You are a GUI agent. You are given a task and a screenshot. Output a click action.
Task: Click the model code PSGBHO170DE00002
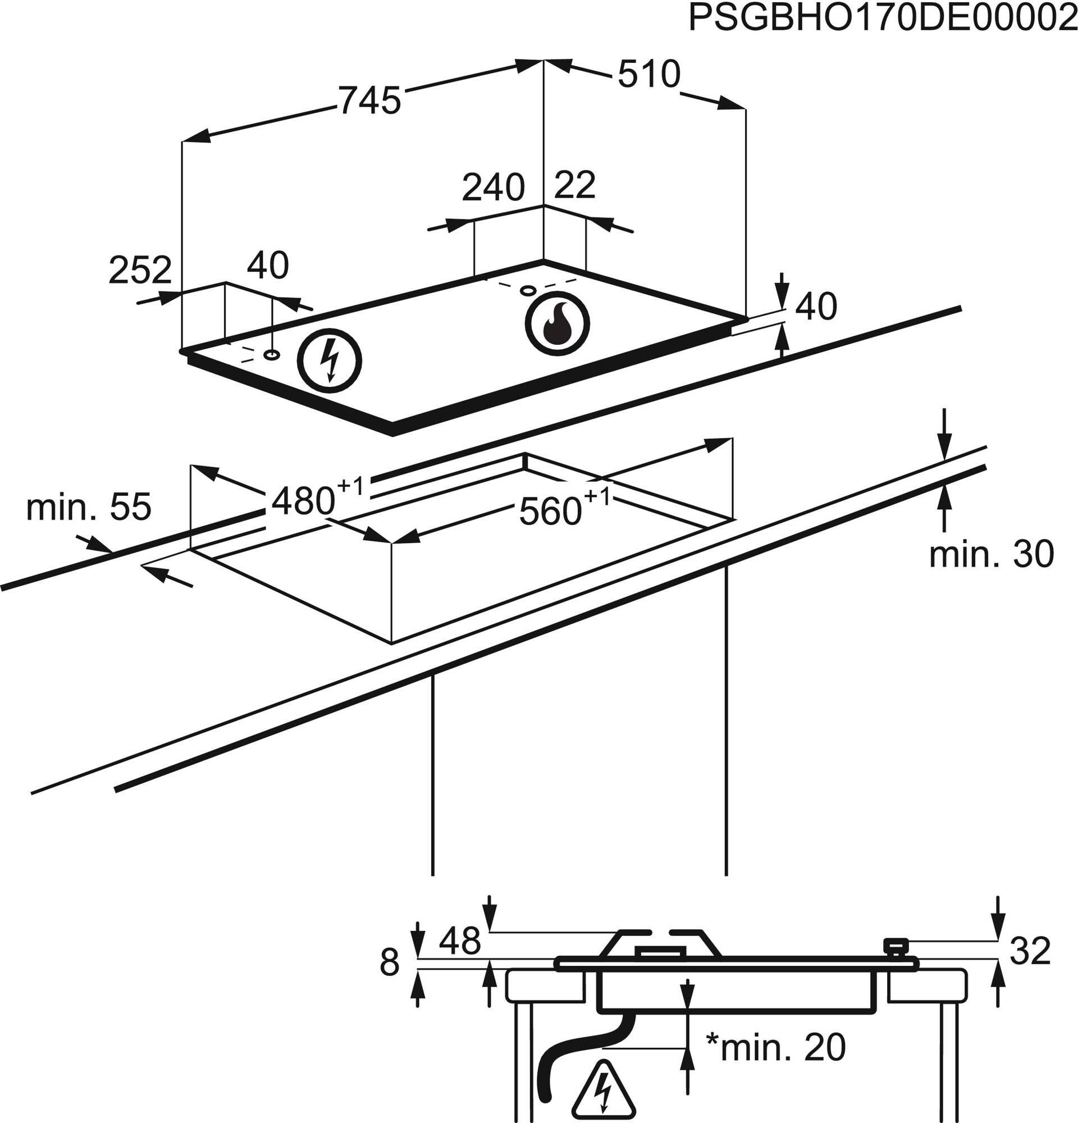[882, 19]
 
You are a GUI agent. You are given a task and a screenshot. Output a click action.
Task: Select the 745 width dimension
[369, 101]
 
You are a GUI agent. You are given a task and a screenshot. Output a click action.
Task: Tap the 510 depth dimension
[649, 74]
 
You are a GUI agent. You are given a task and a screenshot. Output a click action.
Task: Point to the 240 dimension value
[493, 188]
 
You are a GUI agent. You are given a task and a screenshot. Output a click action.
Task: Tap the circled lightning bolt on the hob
[330, 360]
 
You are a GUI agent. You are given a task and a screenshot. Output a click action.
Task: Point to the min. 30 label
[992, 554]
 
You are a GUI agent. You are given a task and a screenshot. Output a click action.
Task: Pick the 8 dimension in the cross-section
[389, 962]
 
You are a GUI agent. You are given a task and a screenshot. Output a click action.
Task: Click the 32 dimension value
[1030, 951]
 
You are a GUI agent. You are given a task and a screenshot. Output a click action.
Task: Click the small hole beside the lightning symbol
[272, 355]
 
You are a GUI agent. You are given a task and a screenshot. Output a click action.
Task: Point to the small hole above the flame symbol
[527, 290]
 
